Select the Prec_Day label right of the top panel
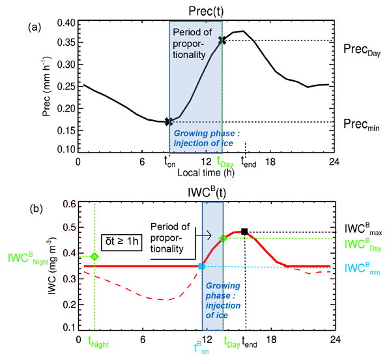pyautogui.click(x=361, y=48)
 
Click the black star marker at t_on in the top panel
pyautogui.click(x=169, y=121)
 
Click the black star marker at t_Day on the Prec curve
pyautogui.click(x=222, y=40)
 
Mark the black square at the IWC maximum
pyautogui.click(x=244, y=232)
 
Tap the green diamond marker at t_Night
pyautogui.click(x=94, y=256)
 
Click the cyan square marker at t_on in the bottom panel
pyautogui.click(x=201, y=266)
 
